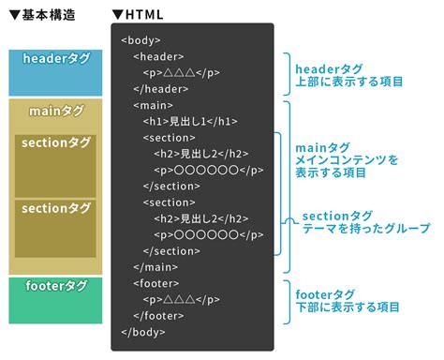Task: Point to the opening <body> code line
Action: coord(141,41)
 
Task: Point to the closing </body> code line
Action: coord(143,332)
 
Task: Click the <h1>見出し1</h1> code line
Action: coord(191,122)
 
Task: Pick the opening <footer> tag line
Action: coord(155,283)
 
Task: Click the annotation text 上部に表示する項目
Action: coord(348,82)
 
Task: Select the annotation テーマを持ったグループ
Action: coord(366,229)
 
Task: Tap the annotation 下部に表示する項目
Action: coord(348,307)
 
